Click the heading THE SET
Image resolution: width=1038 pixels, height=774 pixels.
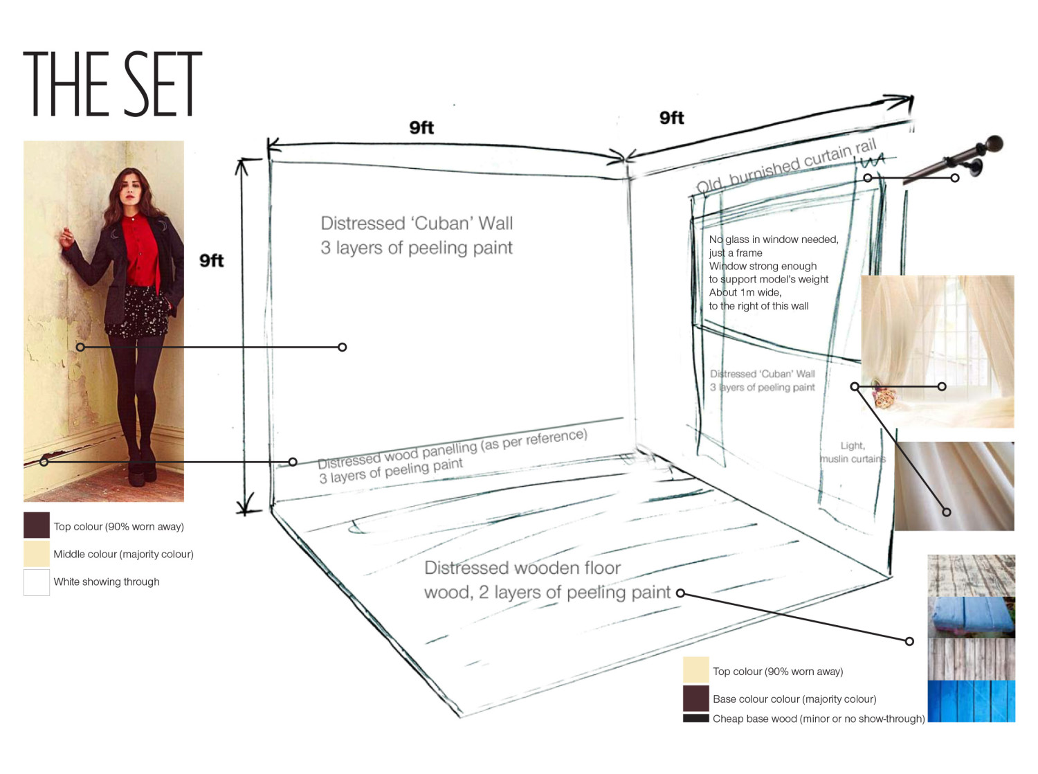coord(112,84)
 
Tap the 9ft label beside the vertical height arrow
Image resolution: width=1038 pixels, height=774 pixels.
coord(211,260)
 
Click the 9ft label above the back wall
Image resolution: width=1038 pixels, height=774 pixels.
coord(421,127)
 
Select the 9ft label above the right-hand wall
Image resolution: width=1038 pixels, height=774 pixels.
coord(671,118)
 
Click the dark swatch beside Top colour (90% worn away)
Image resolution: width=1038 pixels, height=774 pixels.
coord(37,525)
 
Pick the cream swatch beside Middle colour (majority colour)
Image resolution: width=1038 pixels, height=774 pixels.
coord(37,553)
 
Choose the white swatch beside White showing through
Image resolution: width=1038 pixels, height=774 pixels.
coord(37,582)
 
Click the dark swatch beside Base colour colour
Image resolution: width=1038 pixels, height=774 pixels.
coord(695,698)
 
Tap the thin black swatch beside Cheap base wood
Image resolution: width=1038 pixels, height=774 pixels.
coord(695,718)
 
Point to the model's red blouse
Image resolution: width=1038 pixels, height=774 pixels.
coord(140,251)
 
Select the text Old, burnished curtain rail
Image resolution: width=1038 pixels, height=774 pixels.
coord(786,165)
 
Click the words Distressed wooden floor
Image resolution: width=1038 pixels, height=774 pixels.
coord(522,568)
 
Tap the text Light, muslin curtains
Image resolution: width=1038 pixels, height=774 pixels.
coord(853,452)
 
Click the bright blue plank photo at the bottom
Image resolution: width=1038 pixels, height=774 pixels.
coord(971,701)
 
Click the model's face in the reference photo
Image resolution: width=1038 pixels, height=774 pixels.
coord(131,190)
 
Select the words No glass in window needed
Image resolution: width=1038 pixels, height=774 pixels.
coord(773,240)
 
